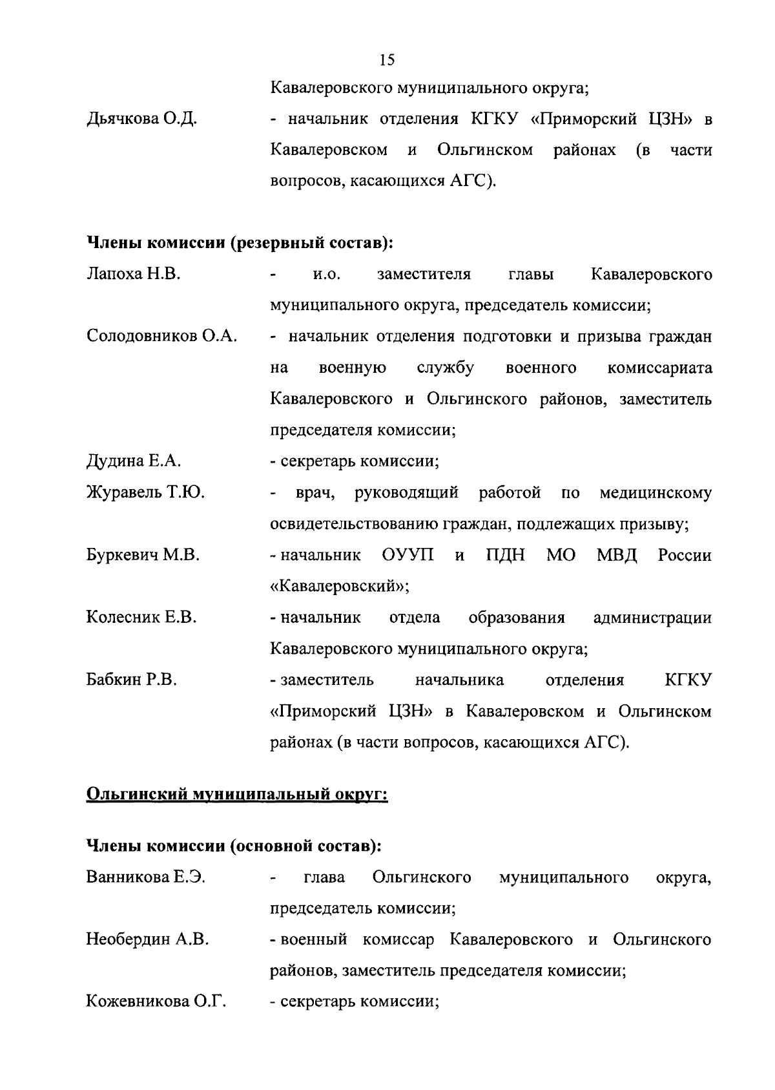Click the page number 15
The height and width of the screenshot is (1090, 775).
click(x=387, y=61)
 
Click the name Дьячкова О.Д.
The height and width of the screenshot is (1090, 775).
click(x=141, y=120)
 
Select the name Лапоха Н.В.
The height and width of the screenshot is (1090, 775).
click(x=133, y=275)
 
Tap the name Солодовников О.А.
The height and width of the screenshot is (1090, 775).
click(x=161, y=337)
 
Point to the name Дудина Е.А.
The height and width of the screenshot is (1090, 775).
click(x=134, y=461)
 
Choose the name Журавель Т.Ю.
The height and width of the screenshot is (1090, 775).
click(x=145, y=493)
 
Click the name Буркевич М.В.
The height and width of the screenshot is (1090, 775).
click(x=143, y=555)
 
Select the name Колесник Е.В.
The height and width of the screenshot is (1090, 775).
click(x=141, y=618)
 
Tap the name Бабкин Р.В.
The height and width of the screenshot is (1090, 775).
click(x=131, y=680)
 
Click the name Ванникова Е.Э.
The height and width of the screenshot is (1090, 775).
click(x=145, y=877)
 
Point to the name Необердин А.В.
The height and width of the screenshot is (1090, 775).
click(x=147, y=939)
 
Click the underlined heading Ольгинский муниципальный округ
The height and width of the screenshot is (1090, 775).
click(x=237, y=793)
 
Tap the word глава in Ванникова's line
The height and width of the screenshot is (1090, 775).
click(x=324, y=877)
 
